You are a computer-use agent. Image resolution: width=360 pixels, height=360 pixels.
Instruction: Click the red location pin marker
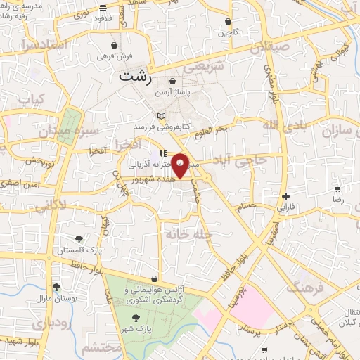click(x=181, y=165)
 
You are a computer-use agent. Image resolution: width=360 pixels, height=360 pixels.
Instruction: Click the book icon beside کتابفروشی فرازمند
click(x=162, y=115)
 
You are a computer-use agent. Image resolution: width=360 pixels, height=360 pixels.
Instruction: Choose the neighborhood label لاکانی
click(x=49, y=207)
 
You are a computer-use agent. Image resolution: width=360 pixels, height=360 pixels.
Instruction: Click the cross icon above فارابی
click(x=285, y=196)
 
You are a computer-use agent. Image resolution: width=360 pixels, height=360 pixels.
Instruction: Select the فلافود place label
click(x=104, y=18)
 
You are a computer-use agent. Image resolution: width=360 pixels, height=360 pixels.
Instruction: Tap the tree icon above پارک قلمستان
click(x=79, y=238)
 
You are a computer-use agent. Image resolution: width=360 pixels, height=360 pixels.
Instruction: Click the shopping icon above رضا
click(x=337, y=189)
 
